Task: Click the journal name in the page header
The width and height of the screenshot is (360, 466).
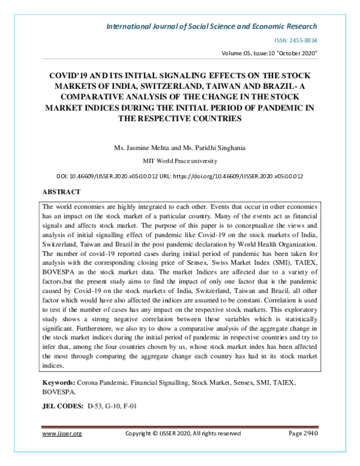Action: click(211, 26)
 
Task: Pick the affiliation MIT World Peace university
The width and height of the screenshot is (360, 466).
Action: click(179, 161)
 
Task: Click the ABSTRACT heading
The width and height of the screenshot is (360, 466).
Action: click(61, 192)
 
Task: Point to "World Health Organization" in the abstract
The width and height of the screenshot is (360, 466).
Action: click(277, 245)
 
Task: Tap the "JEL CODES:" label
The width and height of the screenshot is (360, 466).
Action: click(62, 406)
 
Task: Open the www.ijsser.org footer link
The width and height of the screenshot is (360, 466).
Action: click(62, 433)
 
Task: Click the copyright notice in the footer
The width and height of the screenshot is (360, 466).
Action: click(182, 433)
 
